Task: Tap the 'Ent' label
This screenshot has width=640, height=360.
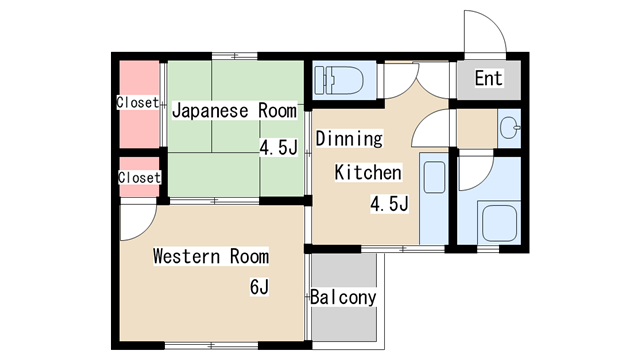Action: coord(488,79)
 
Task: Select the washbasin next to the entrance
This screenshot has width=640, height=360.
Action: coord(510,127)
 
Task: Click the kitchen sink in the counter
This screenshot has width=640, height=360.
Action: coord(434,178)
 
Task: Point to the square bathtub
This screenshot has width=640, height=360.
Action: coord(498,221)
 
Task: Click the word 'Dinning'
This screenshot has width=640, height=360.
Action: coord(349,139)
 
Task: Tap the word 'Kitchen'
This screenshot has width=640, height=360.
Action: coord(367,172)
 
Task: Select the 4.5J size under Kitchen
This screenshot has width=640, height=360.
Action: coord(389,205)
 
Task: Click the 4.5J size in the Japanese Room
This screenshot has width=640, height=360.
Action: coord(277,148)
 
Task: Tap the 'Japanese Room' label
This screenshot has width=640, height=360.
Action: coord(233,110)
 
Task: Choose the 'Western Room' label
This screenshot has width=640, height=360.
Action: coord(210,256)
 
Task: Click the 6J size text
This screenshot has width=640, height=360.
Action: coord(259,288)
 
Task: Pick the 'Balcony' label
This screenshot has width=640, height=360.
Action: coord(342,297)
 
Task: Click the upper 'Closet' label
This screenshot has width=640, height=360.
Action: coord(137,102)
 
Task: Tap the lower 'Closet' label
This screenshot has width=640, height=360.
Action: coord(138,177)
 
